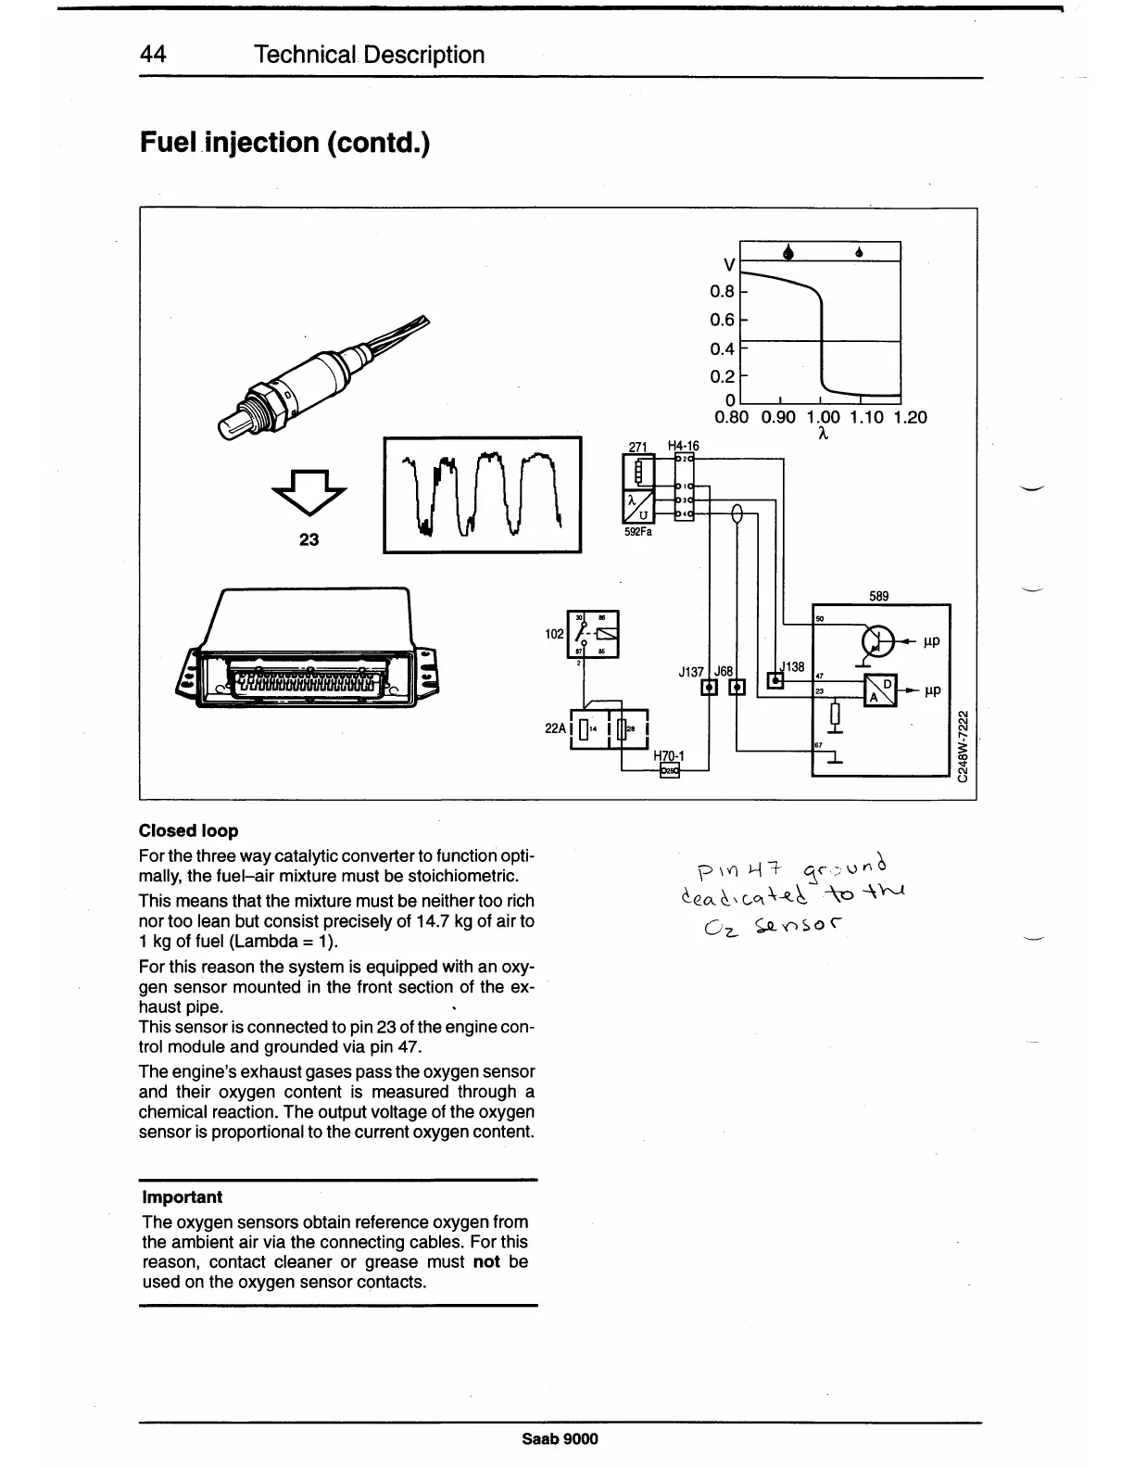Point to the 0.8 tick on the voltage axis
tap(723, 292)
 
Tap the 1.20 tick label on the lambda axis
tap(910, 417)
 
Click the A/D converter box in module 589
tap(879, 690)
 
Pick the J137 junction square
tap(710, 687)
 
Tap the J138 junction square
tap(775, 681)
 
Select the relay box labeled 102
tap(593, 634)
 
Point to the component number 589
tap(879, 596)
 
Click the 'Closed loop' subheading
tap(188, 830)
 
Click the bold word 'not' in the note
tap(486, 1261)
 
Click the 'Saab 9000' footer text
tap(560, 1438)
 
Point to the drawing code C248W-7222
tap(964, 746)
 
